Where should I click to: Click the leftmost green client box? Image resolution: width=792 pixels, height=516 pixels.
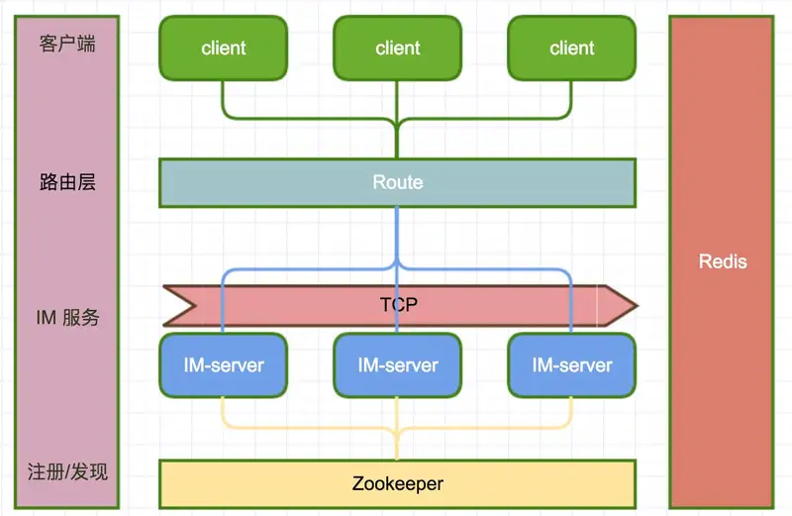click(224, 48)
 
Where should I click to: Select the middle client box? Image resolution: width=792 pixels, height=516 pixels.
click(398, 48)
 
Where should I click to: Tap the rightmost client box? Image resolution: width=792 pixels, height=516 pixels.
click(572, 48)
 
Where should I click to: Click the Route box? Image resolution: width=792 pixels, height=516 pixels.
click(398, 182)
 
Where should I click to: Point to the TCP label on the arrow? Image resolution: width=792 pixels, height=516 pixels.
click(399, 305)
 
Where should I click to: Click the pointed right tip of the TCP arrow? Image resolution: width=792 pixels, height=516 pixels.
click(638, 305)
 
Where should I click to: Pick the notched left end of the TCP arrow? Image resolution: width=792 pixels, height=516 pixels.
click(194, 305)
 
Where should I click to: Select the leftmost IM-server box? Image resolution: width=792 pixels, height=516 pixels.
click(224, 365)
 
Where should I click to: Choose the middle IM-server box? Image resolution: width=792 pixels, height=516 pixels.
click(398, 365)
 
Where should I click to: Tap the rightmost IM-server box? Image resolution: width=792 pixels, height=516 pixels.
click(572, 365)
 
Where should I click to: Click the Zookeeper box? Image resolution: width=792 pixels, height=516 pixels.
click(398, 483)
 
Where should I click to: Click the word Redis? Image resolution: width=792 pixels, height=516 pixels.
click(723, 261)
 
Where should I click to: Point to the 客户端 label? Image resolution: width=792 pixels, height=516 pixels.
click(67, 44)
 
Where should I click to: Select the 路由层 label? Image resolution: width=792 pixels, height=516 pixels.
click(67, 182)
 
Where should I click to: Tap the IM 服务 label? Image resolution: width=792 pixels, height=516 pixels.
click(67, 317)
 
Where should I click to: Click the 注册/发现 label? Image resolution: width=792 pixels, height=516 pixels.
click(67, 471)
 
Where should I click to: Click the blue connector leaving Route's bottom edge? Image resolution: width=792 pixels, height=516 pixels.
click(397, 235)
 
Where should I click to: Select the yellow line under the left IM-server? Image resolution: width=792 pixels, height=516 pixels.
click(222, 412)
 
